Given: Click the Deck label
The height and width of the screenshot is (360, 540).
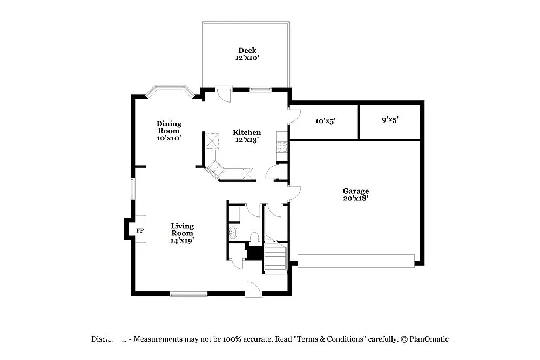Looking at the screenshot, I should (x=247, y=51).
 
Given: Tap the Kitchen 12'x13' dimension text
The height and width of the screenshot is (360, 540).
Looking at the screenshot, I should (x=247, y=140).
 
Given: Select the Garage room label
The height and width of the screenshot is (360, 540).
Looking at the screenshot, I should (x=356, y=191).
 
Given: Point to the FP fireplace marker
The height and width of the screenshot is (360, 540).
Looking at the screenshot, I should (x=140, y=231).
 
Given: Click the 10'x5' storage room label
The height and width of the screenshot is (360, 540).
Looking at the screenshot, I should (x=326, y=121).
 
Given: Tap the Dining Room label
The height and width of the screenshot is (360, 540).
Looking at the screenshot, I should (x=169, y=127).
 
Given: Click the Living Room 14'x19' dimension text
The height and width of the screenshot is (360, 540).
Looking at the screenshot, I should (x=183, y=240).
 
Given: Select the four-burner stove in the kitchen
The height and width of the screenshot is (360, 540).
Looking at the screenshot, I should (x=282, y=145).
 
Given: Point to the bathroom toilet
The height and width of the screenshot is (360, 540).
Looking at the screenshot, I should (x=255, y=237).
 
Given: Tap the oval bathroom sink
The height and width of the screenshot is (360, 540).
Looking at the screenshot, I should (x=233, y=233).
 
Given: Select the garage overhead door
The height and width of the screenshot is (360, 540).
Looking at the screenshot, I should (x=356, y=261).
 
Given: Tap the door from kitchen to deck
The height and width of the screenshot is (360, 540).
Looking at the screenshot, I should (x=223, y=93).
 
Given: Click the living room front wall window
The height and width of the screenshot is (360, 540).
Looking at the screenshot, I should (x=188, y=294).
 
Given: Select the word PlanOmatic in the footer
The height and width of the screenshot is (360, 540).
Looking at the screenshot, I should (x=429, y=339).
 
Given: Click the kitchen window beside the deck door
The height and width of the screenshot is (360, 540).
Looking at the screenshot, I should (x=259, y=90).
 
